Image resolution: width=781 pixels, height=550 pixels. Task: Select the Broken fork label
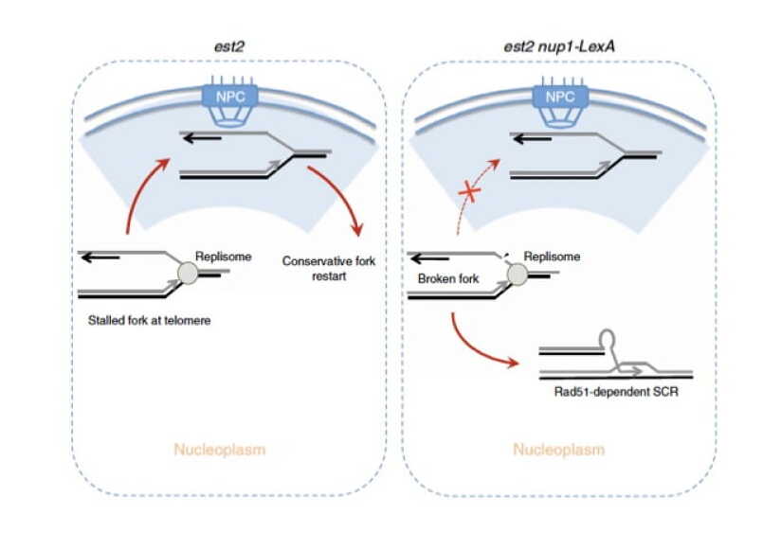[x=446, y=280]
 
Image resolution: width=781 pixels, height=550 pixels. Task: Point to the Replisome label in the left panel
[x=221, y=254]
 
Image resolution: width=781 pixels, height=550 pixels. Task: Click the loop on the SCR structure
[x=608, y=338]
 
